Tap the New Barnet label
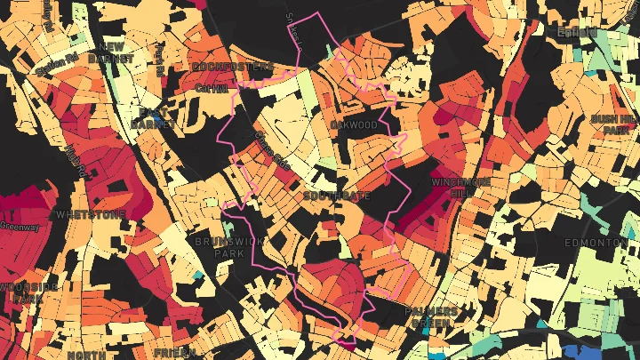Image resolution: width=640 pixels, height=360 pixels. coord(116,52)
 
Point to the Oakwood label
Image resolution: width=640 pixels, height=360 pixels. coord(354,125)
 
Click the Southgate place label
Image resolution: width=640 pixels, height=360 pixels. coord(331,196)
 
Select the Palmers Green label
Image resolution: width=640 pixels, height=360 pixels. coord(430,317)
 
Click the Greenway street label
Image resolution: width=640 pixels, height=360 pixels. coord(20,227)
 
